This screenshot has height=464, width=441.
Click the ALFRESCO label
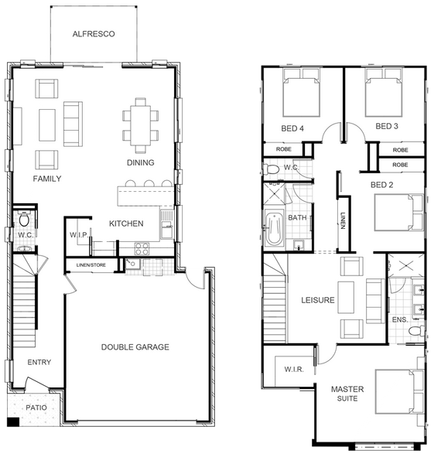point(94,34)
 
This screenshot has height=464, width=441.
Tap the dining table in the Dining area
point(141,125)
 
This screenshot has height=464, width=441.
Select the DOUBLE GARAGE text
point(135,346)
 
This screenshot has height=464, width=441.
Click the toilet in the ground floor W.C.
point(24,219)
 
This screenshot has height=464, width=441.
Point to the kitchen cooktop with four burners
point(142,248)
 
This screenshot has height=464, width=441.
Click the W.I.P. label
point(79,235)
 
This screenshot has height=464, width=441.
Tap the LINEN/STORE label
point(91,265)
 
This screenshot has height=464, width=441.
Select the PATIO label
point(36,408)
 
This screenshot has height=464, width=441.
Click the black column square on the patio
point(13,421)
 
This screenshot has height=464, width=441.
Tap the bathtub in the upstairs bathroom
point(274,227)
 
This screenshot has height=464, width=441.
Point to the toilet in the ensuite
point(416,330)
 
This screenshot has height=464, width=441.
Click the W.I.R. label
point(294,370)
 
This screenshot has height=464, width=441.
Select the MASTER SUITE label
point(347,394)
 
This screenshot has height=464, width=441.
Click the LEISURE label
point(318,300)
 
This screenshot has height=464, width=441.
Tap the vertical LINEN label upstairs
point(343,220)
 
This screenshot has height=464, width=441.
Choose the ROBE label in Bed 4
point(284,149)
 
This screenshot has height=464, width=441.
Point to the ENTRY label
point(39,362)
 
